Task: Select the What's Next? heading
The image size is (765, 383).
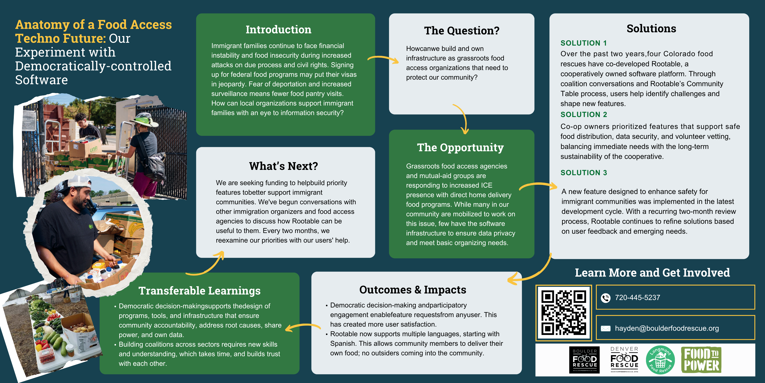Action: pos(283,166)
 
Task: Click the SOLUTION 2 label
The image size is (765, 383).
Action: pos(583,115)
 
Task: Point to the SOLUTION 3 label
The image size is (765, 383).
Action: pos(583,173)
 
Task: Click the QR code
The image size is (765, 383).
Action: pos(563,313)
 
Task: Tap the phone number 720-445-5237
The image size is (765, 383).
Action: pos(637,298)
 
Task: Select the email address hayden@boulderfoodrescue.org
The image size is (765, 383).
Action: pos(667,328)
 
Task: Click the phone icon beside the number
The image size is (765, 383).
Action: pos(605,298)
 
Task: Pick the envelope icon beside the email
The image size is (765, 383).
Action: pos(605,328)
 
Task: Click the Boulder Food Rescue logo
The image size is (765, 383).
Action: pos(584,360)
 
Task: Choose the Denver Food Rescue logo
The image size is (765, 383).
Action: pos(624,360)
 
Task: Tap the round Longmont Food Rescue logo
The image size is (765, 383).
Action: pos(661,360)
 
